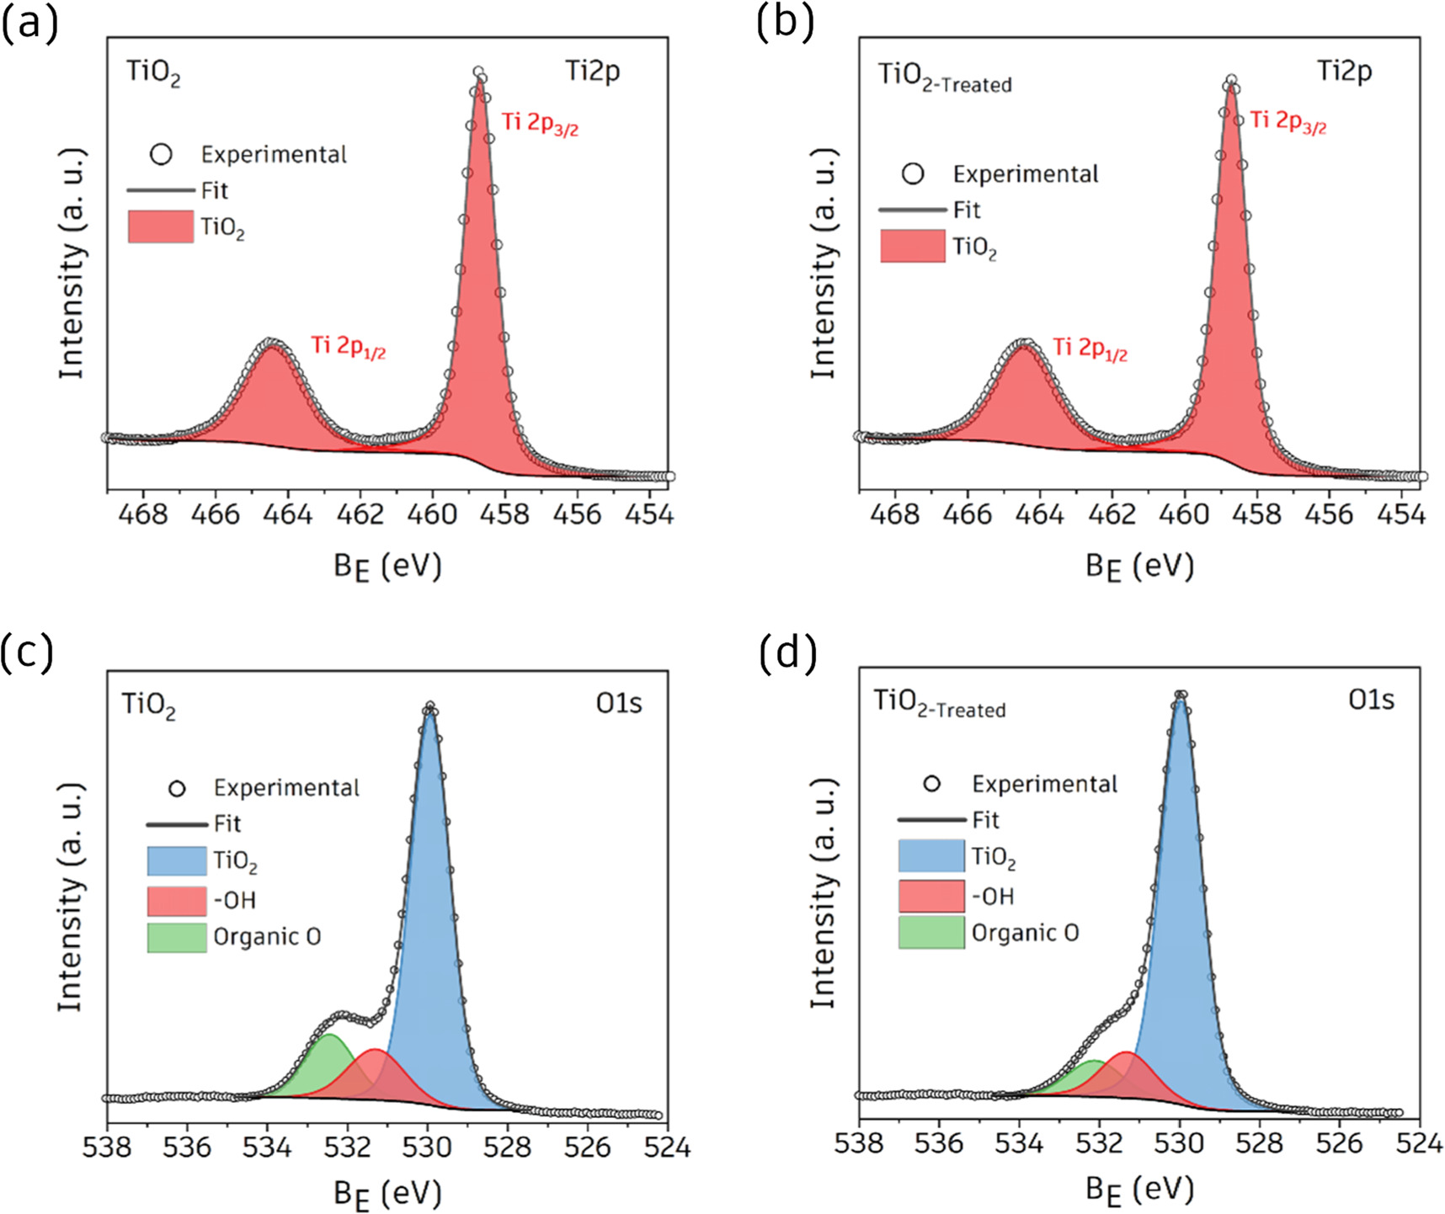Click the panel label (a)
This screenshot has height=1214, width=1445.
(30, 23)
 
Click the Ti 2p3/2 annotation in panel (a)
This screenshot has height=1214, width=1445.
(540, 123)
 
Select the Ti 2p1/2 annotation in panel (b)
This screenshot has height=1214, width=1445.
(1090, 349)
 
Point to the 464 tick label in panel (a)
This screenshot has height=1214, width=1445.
(288, 514)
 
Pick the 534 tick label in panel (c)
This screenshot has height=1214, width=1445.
(267, 1147)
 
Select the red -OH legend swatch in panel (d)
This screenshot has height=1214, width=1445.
(931, 897)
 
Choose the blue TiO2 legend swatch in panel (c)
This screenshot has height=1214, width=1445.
(177, 861)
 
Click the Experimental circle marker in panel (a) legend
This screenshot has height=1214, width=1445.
(161, 154)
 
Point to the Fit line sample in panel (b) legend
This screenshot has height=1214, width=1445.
(913, 210)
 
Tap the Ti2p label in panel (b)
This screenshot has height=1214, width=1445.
(1344, 72)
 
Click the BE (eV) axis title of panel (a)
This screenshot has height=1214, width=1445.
(387, 567)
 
